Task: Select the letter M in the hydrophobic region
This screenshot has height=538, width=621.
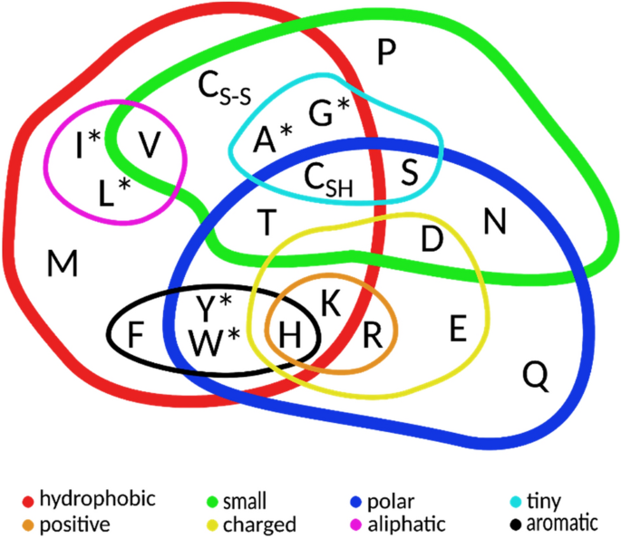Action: pos(63,264)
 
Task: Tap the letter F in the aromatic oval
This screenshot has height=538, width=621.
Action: pos(136,334)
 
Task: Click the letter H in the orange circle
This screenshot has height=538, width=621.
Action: pos(290,336)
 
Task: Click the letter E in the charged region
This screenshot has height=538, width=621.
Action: pos(458,328)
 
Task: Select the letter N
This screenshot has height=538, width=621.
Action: pos(494,220)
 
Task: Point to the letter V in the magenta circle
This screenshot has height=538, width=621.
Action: pos(150,143)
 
